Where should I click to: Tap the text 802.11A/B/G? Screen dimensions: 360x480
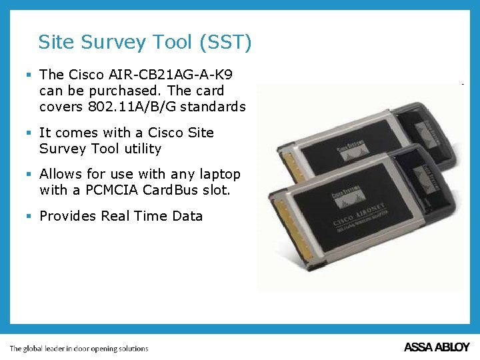tap(141, 107)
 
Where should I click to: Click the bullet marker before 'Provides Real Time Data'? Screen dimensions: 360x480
tap(29, 216)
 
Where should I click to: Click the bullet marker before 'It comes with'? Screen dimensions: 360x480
tap(29, 133)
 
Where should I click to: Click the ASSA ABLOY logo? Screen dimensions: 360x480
tap(437, 347)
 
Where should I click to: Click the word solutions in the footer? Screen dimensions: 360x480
tap(133, 349)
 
